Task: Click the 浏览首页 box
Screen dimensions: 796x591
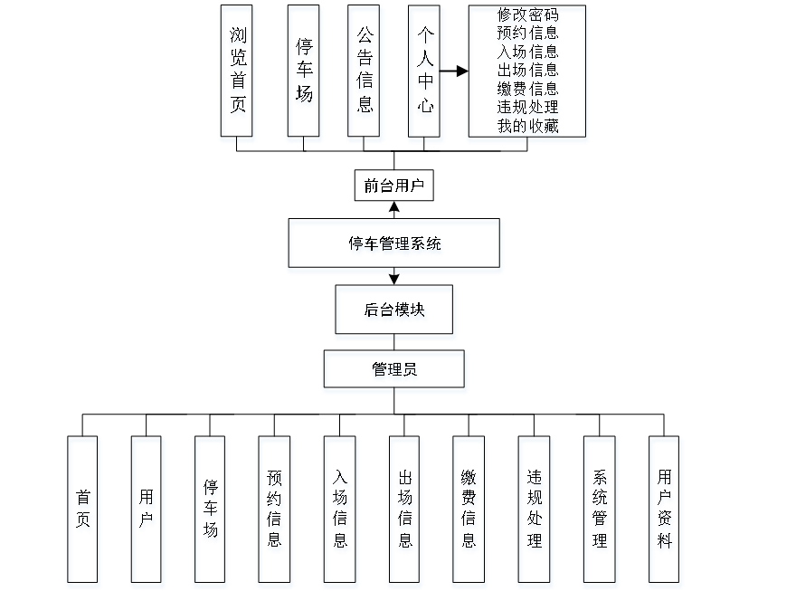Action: click(x=237, y=74)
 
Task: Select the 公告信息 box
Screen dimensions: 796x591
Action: click(x=365, y=74)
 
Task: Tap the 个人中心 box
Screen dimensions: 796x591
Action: click(x=425, y=74)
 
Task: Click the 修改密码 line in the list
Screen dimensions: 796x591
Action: click(x=528, y=16)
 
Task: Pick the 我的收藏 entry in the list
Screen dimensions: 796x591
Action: click(x=528, y=127)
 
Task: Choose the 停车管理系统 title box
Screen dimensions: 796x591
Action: click(x=393, y=245)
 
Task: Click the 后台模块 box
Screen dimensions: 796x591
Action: click(x=395, y=312)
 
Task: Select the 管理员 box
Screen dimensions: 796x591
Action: click(x=395, y=372)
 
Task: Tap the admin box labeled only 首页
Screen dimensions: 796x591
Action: click(x=83, y=511)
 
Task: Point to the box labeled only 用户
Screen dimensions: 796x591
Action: click(x=147, y=511)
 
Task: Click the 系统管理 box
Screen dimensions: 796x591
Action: click(x=600, y=511)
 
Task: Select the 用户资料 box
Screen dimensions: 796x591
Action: click(x=666, y=511)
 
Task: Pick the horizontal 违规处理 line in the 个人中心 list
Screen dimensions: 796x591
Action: click(x=528, y=108)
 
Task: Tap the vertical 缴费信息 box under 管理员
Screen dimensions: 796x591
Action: click(x=469, y=511)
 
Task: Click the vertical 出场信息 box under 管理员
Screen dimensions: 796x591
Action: click(x=404, y=511)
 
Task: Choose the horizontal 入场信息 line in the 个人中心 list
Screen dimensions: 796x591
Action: click(x=528, y=52)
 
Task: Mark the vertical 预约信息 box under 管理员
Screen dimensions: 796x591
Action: click(x=275, y=511)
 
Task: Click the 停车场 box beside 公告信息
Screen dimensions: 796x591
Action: click(x=305, y=74)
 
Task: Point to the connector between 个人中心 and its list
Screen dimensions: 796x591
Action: click(x=455, y=71)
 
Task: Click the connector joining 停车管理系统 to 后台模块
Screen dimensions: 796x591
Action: click(x=393, y=280)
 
